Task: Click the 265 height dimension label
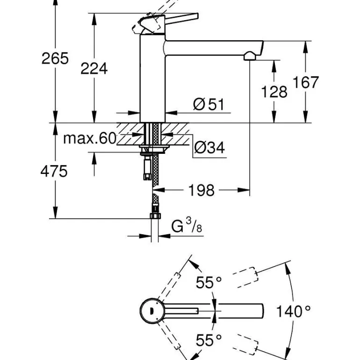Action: (x=55, y=59)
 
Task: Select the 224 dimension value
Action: (x=94, y=69)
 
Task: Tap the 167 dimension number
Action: (x=306, y=82)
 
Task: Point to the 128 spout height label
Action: (x=274, y=92)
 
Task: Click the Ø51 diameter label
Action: (x=209, y=104)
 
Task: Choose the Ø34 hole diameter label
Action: (x=209, y=148)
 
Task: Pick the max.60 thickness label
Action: (x=89, y=138)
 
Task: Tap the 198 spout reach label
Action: (x=202, y=190)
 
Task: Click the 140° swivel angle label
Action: (x=293, y=310)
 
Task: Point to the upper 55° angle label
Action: (x=208, y=283)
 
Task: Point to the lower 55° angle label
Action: (x=208, y=340)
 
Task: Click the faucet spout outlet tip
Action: (x=250, y=57)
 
